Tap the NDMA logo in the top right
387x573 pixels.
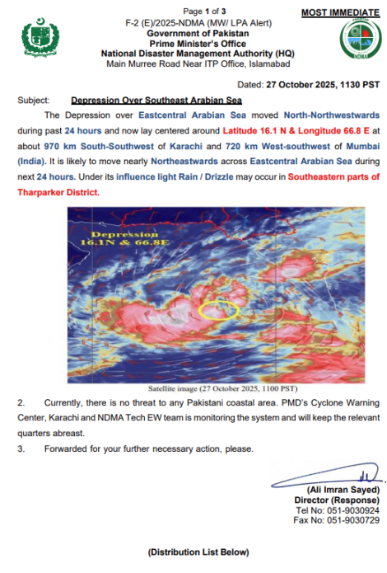click(356, 42)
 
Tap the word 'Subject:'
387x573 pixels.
click(33, 99)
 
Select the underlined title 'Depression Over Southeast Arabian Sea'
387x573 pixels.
click(150, 99)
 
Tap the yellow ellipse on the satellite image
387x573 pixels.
click(221, 311)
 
